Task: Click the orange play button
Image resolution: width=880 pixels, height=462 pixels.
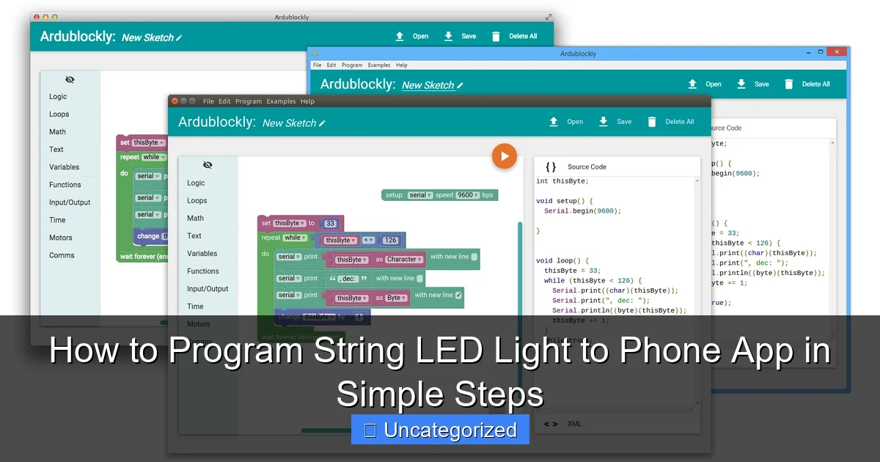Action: [x=505, y=155]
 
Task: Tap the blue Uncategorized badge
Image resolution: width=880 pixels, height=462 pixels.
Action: [x=440, y=430]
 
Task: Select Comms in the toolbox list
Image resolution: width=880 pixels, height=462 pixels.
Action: [x=62, y=255]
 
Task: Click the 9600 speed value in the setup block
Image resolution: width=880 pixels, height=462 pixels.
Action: [x=467, y=195]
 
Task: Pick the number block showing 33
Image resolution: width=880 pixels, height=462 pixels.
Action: [x=330, y=223]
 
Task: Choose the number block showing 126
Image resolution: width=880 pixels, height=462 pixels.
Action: [x=390, y=240]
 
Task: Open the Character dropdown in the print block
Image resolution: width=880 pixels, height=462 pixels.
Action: [x=404, y=259]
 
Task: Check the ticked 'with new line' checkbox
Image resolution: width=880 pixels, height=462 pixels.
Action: [x=458, y=296]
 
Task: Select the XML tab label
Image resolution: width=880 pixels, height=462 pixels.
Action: [x=574, y=424]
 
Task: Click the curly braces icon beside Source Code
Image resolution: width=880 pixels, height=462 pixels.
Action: [x=551, y=166]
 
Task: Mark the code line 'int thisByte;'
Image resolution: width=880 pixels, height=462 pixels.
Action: [x=562, y=181]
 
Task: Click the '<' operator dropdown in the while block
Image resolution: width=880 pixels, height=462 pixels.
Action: [x=368, y=240]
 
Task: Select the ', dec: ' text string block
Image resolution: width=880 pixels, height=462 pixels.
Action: [x=348, y=279]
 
